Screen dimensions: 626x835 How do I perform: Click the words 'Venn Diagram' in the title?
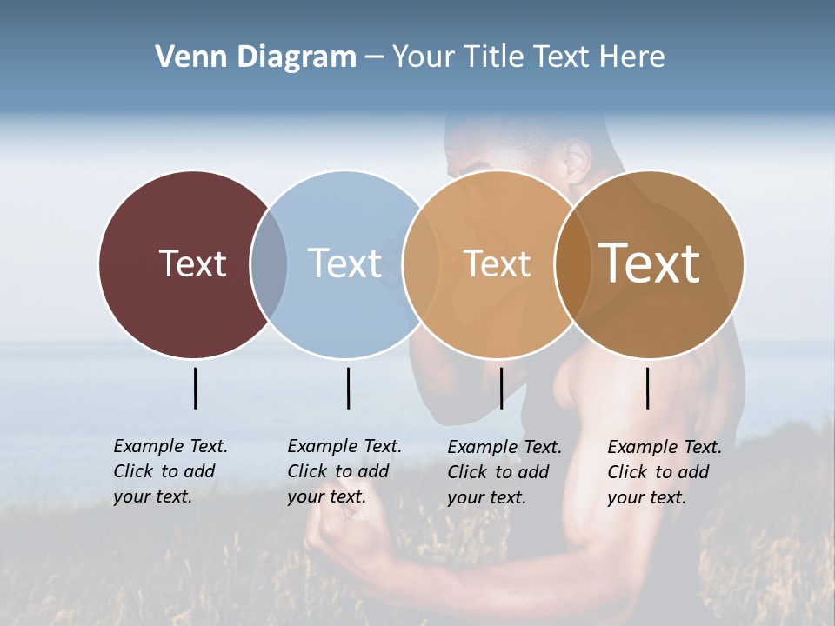point(256,57)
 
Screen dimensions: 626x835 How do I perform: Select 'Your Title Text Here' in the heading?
point(528,57)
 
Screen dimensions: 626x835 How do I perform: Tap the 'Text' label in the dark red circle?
point(192,263)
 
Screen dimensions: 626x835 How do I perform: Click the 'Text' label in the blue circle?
point(344,263)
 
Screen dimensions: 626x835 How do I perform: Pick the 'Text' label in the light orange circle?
point(497,263)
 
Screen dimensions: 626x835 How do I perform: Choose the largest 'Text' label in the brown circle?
point(649,263)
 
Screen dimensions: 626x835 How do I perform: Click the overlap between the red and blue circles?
point(269,263)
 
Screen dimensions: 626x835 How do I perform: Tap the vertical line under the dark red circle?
point(195,388)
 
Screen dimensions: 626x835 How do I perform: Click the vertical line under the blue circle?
point(348,388)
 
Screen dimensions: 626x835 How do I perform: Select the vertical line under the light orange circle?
point(501,388)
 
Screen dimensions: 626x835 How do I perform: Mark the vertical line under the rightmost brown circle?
point(647,388)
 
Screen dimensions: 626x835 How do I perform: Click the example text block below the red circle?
point(170,471)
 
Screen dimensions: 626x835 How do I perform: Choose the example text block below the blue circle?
point(344,471)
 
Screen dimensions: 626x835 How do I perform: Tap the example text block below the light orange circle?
point(504,472)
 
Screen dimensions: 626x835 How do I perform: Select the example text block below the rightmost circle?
point(664,472)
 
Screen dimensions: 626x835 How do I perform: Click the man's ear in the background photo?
point(577,160)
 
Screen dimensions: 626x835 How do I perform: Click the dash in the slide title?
point(374,58)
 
